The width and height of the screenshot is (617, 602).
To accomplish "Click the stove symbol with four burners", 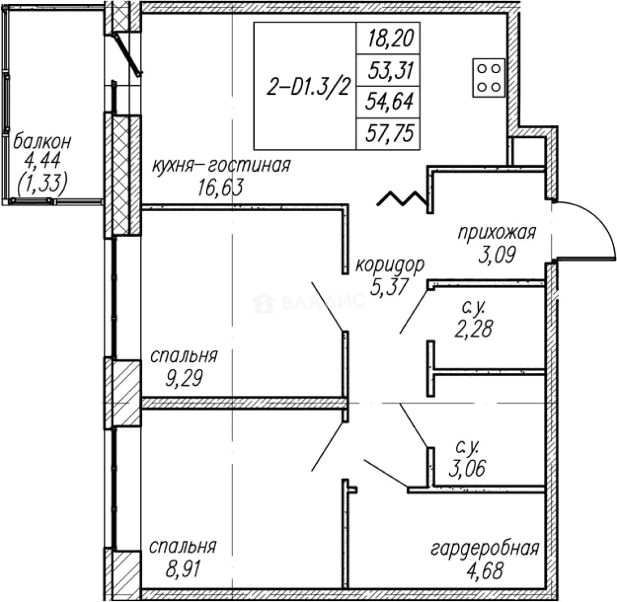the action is click(489, 78).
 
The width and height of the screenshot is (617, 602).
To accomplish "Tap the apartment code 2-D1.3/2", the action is click(308, 88).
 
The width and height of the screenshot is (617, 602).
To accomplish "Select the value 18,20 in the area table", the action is click(390, 38).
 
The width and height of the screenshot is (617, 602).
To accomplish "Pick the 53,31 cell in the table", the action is click(390, 71).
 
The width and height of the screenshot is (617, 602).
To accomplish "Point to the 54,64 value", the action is click(390, 101).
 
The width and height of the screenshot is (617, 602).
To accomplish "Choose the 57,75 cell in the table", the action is click(390, 133).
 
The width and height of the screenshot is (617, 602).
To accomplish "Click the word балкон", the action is click(42, 141).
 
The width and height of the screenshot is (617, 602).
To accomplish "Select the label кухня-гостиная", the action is click(221, 166).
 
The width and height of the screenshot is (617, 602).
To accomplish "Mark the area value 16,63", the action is click(220, 187).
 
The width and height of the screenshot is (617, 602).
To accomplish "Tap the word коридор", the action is click(390, 265).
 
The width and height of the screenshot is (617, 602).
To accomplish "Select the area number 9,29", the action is click(184, 378).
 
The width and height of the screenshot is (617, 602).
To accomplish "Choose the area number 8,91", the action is click(183, 569).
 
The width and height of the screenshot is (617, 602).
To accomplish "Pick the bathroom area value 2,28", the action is click(473, 329).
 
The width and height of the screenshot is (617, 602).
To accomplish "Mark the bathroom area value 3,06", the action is click(467, 468).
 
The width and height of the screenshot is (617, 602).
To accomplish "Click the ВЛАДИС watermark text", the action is click(309, 302).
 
